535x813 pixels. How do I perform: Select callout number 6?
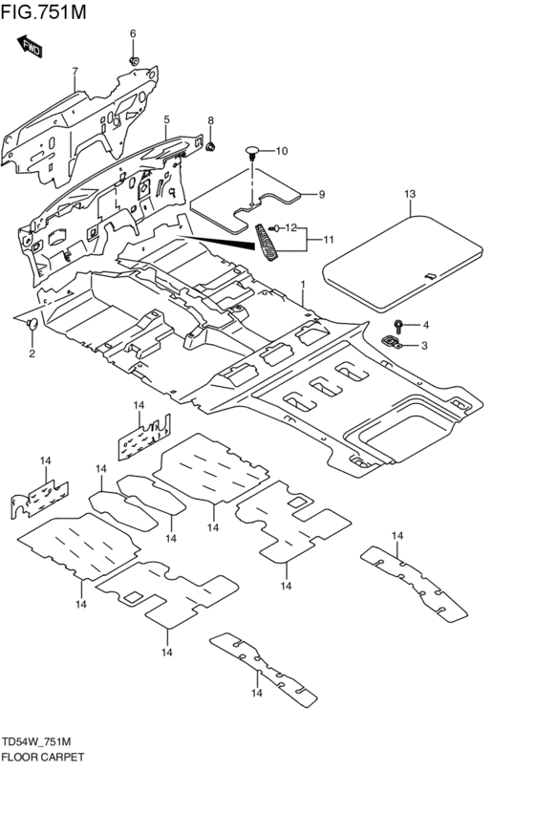(x=133, y=34)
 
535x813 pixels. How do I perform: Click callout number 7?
(x=74, y=71)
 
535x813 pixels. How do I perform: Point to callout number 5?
(x=166, y=119)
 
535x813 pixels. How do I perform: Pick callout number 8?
(x=211, y=120)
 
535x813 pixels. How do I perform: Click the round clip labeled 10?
(x=253, y=151)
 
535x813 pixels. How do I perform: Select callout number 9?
(x=322, y=194)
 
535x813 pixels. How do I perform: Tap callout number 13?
(x=409, y=194)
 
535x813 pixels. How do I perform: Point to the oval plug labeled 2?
(x=32, y=326)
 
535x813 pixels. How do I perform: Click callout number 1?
(x=303, y=285)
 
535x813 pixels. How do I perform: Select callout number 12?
(x=292, y=227)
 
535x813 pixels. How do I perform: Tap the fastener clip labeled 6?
(x=134, y=61)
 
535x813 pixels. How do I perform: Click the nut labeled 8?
(x=212, y=146)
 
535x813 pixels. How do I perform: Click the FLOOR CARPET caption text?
(x=43, y=757)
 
